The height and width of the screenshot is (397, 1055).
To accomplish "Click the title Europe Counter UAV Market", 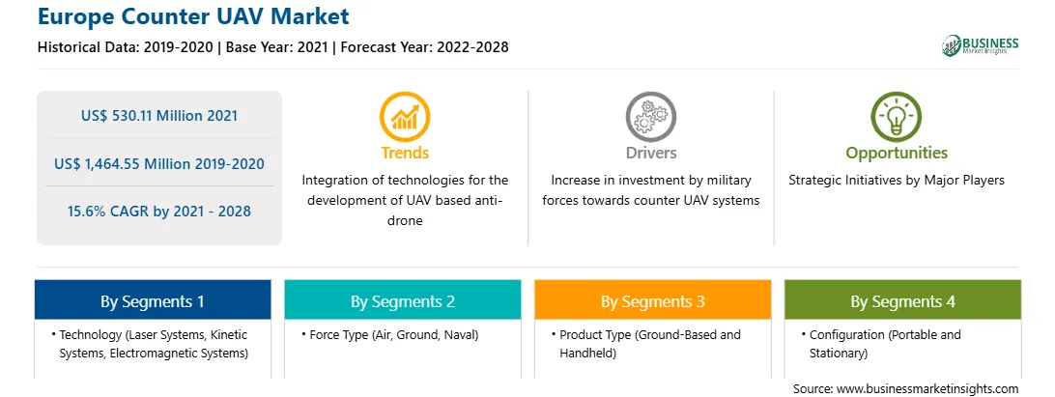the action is pos(193,15).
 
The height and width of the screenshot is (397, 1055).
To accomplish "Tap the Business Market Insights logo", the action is pos(981,45).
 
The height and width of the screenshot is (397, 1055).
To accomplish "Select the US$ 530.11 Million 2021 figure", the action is pos(159,116).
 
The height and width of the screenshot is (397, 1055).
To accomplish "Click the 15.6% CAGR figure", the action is pos(159,212).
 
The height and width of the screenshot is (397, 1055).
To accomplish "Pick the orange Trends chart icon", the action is pos(405,117).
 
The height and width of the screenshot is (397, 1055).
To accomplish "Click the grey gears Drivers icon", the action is pos(650,117).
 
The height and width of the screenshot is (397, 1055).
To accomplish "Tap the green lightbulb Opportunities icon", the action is pos(897,117).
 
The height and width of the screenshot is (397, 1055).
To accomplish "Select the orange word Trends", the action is pos(405,153).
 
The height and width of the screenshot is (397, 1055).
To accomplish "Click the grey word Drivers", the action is pos(650,153).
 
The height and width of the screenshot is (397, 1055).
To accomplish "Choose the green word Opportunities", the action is pos(897,154).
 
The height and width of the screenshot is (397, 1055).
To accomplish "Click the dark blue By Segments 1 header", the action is pos(153,300).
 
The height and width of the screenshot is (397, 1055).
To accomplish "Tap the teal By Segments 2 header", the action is pos(402,300).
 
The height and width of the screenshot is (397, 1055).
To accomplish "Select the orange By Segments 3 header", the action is pos(653,300).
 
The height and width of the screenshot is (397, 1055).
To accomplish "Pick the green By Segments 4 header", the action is pos(902,300).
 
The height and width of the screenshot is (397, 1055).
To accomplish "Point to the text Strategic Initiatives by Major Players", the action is pos(897,181).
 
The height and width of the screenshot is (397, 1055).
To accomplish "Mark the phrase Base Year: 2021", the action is pos(278,47).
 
